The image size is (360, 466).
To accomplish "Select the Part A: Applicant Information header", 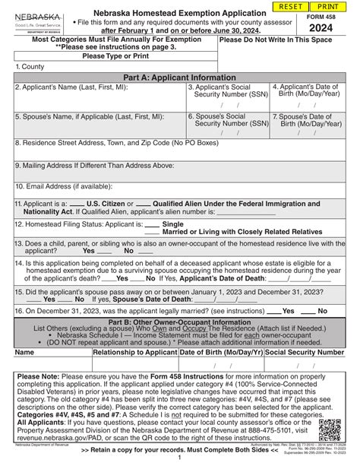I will click(x=180, y=78).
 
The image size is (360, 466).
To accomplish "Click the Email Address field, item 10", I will click(x=180, y=191).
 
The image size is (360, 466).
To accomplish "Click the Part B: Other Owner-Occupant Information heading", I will click(x=180, y=322).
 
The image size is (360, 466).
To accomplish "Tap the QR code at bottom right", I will click(x=330, y=430).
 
